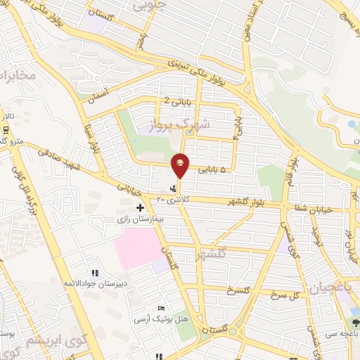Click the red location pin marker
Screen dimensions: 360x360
click(x=180, y=165)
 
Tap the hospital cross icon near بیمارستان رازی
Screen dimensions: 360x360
click(x=141, y=207)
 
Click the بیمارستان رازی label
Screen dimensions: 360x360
click(x=139, y=219)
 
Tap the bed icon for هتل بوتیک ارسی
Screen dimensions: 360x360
click(x=162, y=309)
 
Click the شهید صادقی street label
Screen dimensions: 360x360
click(x=60, y=158)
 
